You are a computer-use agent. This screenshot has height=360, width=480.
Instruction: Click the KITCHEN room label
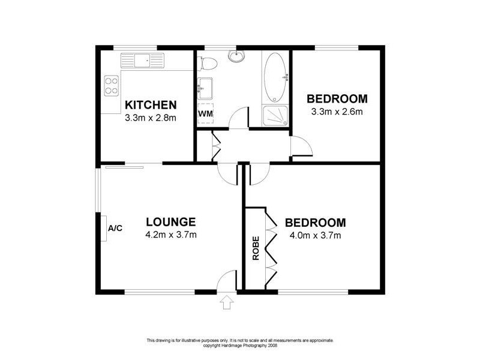(x=150, y=105)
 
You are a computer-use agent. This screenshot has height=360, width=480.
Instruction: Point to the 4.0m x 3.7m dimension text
(x=314, y=235)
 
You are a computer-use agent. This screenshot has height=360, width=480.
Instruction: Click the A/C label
(x=115, y=229)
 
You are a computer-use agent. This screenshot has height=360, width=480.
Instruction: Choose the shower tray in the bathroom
(x=276, y=116)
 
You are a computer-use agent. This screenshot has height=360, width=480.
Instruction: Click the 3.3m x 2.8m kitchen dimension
(x=150, y=118)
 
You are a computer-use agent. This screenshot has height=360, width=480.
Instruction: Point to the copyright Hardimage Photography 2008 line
(x=239, y=345)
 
